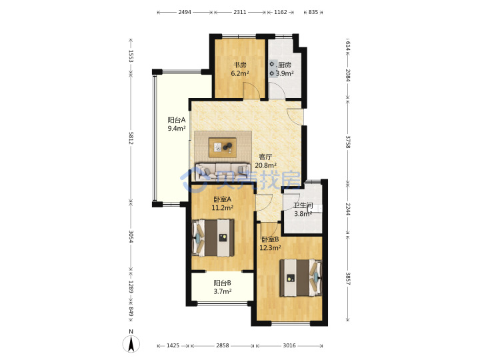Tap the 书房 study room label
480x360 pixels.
240,65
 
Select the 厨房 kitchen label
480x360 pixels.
285,65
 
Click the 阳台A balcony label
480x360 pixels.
176,120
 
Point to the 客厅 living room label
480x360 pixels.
265,157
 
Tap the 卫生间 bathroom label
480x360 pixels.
303,205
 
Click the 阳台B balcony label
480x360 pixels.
222,283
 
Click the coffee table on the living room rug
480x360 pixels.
223,147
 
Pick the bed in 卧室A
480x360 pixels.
213,238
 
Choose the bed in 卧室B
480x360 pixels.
301,278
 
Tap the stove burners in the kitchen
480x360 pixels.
272,69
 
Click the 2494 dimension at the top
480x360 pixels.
185,12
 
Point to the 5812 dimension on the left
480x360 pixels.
131,138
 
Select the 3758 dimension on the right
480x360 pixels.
348,142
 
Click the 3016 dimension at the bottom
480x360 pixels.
289,345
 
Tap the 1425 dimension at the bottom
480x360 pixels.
173,345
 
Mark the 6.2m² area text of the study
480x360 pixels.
240,73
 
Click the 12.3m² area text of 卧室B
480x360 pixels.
270,247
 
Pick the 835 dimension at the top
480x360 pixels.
313,12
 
